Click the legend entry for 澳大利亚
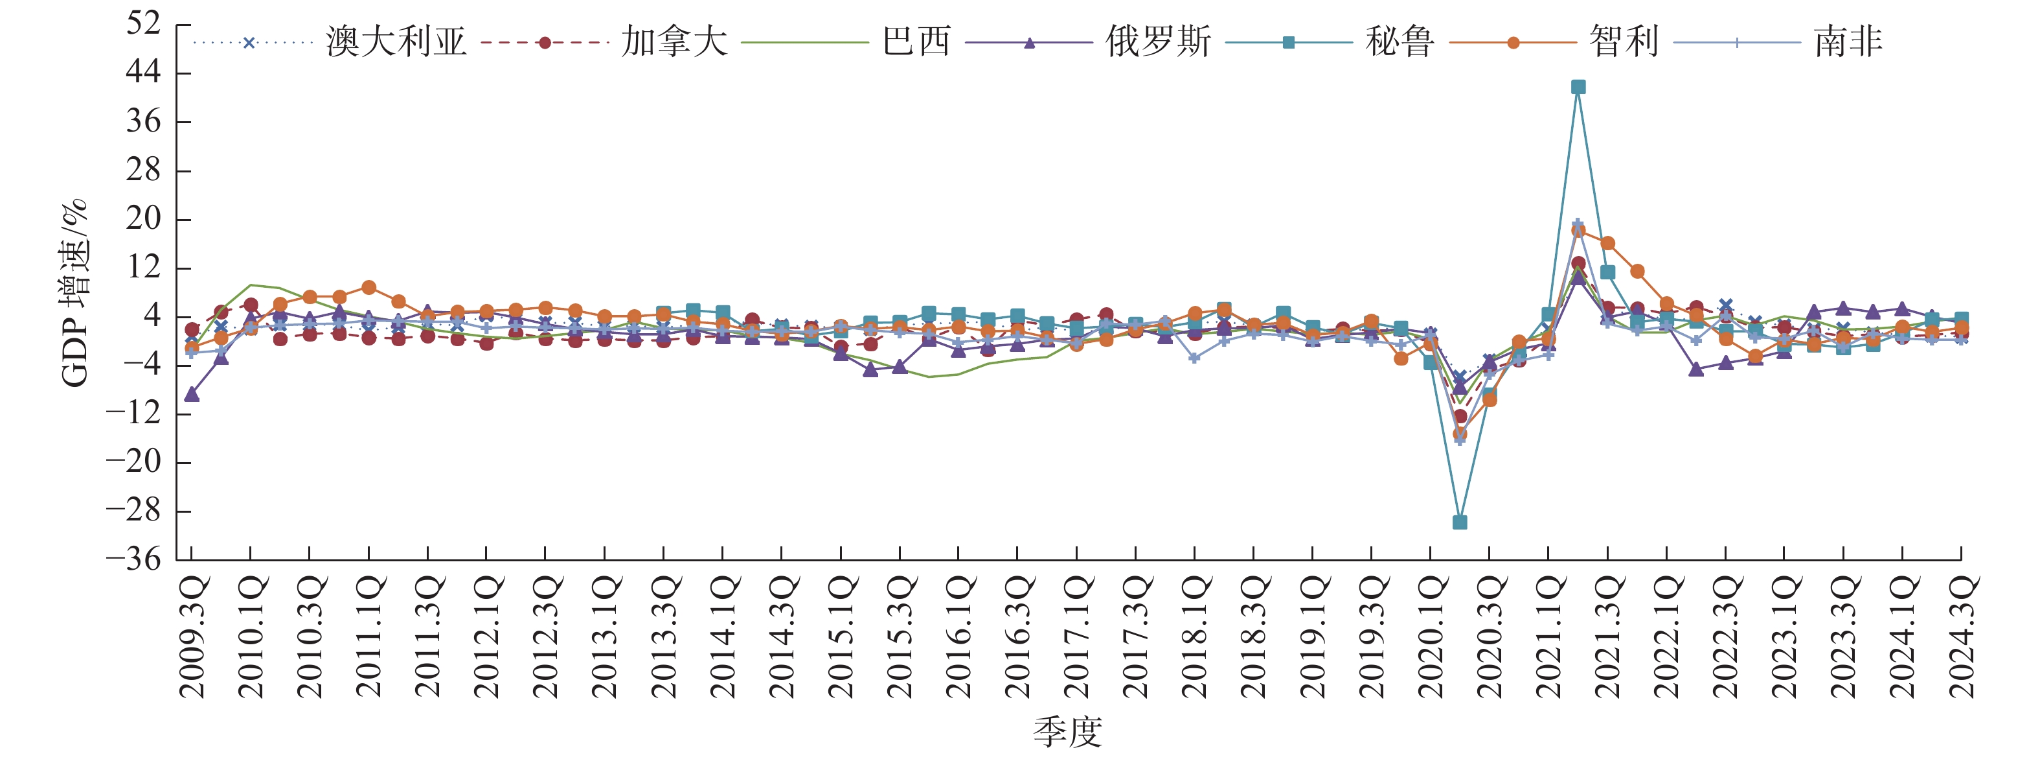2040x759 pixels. [x=396, y=42]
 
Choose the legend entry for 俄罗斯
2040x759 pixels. [x=1158, y=42]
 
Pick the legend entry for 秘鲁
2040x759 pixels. [x=1400, y=42]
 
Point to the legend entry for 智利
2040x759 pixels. [x=1624, y=42]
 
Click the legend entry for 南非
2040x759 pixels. [x=1848, y=42]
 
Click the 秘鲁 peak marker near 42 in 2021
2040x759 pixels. [x=1578, y=87]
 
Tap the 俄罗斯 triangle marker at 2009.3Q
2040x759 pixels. [x=192, y=394]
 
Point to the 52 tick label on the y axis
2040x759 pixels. [x=143, y=24]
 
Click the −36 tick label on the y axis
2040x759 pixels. [x=133, y=559]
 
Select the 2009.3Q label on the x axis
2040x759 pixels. [x=192, y=638]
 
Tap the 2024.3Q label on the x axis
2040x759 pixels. [x=1962, y=638]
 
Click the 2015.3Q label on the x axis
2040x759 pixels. [x=900, y=638]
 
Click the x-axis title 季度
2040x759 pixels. [x=1067, y=732]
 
